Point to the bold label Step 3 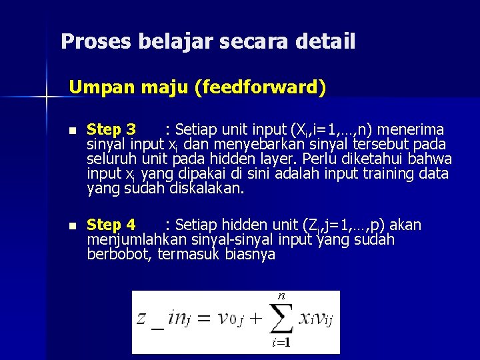111,129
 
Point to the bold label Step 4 111,225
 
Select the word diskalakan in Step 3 207,189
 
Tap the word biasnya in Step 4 250,255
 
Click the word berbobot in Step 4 120,255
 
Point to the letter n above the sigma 281,295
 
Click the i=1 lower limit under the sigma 281,343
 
